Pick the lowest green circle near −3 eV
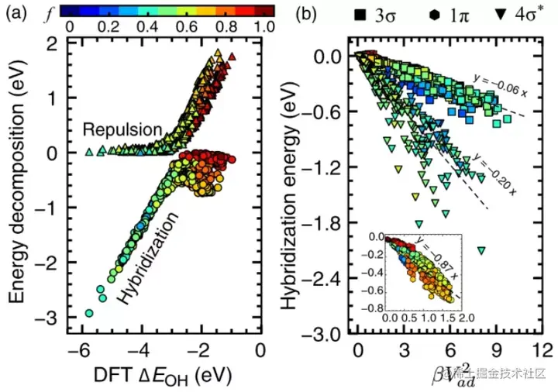tap(89, 313)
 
